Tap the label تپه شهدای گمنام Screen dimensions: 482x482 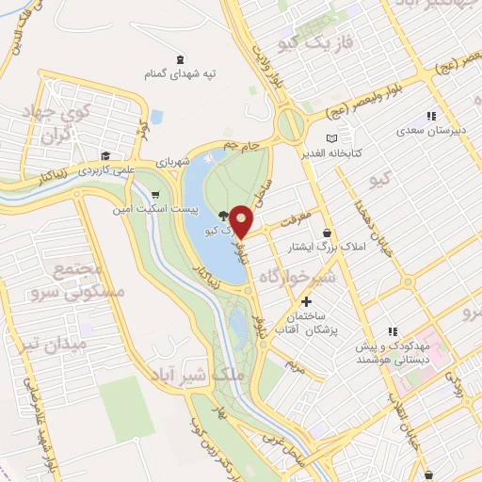(181, 72)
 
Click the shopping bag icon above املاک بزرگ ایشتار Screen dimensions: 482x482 (327, 233)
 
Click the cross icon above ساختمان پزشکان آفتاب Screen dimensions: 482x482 (305, 300)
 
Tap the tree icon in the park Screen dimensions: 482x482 (221, 216)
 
